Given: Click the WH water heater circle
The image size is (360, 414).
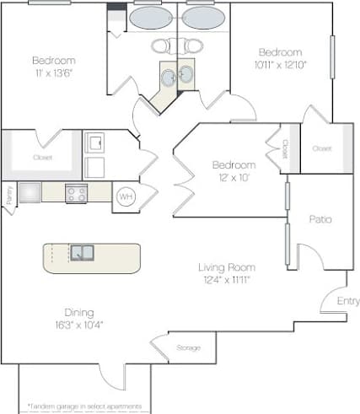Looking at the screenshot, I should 125,196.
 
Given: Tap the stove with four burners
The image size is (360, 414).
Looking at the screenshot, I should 76,193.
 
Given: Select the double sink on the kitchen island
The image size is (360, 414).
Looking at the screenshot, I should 82,252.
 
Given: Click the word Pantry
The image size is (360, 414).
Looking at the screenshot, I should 8,193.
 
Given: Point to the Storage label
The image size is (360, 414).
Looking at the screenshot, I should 188,347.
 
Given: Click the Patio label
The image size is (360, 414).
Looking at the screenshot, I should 320,219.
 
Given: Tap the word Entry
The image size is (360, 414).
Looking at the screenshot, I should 347,301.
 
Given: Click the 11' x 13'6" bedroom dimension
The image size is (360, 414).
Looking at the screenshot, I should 54,73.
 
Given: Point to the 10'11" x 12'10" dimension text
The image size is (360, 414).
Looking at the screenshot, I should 282,64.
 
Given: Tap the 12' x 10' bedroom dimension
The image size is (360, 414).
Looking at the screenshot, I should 233,176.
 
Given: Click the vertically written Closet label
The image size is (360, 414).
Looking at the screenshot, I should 285,148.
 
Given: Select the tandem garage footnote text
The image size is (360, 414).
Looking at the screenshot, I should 84,406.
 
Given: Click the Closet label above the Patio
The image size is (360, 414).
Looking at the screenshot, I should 321,148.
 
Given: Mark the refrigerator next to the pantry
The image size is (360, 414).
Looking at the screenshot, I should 30,192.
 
